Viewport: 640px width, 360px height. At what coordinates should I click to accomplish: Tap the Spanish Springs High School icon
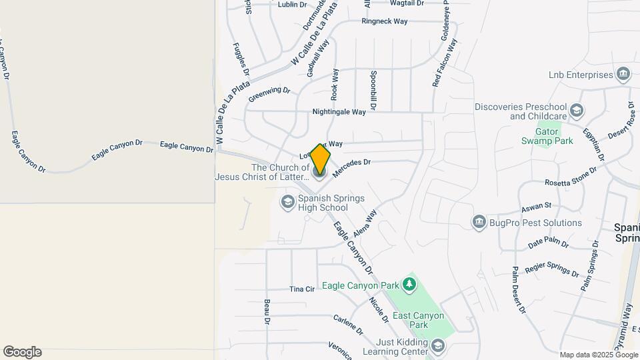(x=288, y=202)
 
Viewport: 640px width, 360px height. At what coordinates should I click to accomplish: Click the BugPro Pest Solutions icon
(x=479, y=223)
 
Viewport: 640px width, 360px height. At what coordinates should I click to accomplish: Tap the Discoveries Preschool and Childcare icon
(x=576, y=111)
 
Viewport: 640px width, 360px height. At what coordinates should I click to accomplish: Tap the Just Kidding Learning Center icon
(x=437, y=345)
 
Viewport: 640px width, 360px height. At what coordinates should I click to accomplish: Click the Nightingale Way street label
(x=339, y=113)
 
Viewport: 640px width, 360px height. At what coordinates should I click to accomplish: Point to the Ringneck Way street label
(x=384, y=21)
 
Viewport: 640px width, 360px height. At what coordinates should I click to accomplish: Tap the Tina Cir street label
(x=302, y=289)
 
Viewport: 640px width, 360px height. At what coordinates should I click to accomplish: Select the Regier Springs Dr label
(x=552, y=270)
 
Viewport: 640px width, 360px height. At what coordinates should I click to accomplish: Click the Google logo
(x=22, y=352)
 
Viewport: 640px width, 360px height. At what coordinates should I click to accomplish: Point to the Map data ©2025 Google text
(x=599, y=355)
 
